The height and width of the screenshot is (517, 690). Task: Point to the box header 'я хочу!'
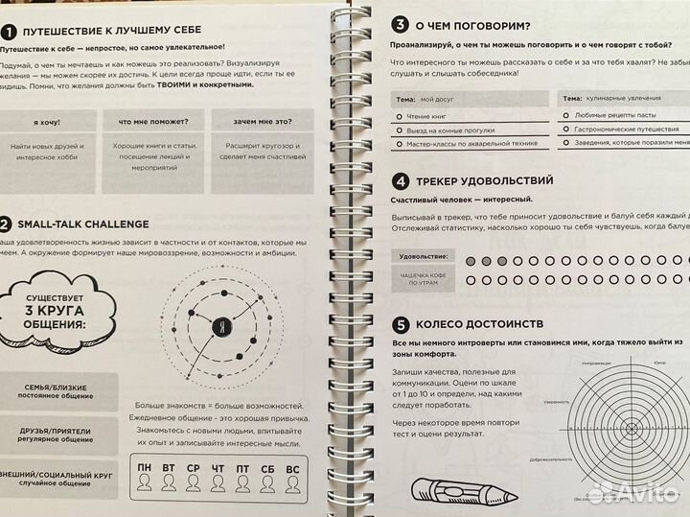tap(46, 122)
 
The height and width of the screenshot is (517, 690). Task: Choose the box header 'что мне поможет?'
tap(152, 122)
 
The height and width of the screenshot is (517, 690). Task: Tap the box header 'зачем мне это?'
tap(258, 122)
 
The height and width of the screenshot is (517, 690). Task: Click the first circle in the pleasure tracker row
tap(468, 261)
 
